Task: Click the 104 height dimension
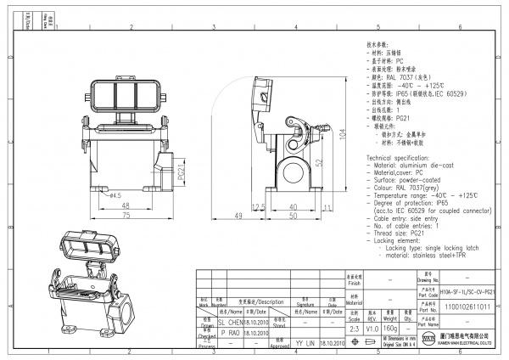click(x=342, y=134)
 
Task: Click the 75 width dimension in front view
click(x=124, y=217)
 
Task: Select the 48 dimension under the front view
click(x=125, y=206)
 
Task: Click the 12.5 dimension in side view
click(x=259, y=206)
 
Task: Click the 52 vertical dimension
click(x=319, y=162)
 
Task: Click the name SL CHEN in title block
click(x=230, y=323)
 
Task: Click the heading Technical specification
click(x=403, y=159)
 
